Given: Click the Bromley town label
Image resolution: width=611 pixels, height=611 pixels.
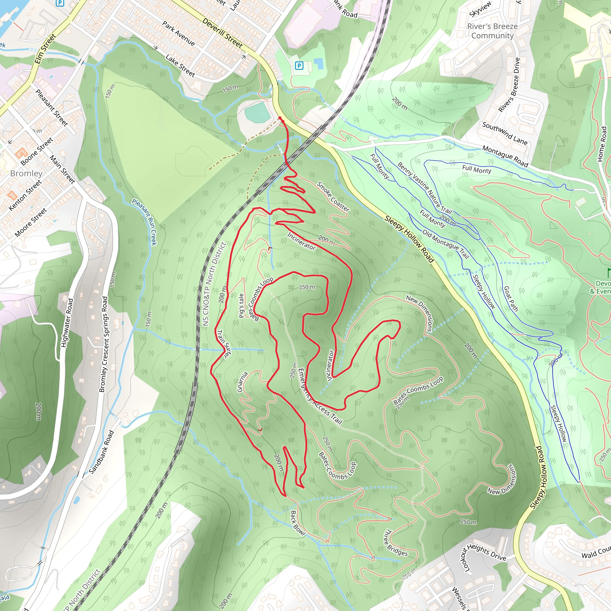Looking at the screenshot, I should click(x=26, y=173).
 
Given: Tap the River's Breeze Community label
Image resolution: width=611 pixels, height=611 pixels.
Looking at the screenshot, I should click(x=492, y=31).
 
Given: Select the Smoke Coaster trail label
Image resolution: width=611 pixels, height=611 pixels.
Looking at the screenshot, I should click(x=333, y=197).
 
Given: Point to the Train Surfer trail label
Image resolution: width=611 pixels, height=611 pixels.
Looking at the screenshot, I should click(x=223, y=344).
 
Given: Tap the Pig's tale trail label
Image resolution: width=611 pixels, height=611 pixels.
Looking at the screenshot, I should click(x=241, y=305).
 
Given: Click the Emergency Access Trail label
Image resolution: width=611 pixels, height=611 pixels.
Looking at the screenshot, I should click(x=320, y=396).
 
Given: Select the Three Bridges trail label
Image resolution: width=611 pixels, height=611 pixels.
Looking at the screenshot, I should click(x=395, y=543).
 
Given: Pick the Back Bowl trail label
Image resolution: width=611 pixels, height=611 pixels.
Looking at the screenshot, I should click(x=297, y=523).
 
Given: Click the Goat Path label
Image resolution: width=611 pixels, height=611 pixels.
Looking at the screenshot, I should click(x=510, y=299).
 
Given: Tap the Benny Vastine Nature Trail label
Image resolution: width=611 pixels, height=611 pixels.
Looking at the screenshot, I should click(x=425, y=188).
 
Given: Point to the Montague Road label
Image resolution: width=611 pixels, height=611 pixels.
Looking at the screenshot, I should click(x=505, y=156).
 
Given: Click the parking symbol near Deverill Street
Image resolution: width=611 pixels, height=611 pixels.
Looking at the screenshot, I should click(x=299, y=66).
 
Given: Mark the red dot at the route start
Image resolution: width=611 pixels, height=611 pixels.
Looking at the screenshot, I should click(x=280, y=118).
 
